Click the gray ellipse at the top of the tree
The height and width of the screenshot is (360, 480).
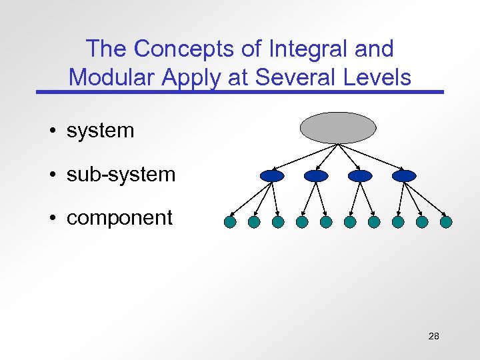point(338,128)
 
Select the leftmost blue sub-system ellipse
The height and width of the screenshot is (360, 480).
point(272,176)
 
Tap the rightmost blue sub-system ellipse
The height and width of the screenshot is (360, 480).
point(404,176)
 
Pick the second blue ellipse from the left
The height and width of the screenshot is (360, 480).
point(316,176)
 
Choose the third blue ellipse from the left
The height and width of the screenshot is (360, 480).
point(360,176)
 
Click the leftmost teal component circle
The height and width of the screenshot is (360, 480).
point(230,221)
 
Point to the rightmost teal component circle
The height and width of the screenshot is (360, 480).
point(446,221)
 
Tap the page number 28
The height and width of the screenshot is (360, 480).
point(433,336)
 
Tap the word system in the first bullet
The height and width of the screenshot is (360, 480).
point(100,131)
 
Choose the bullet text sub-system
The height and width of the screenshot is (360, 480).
point(121,175)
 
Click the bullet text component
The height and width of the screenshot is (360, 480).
point(119,218)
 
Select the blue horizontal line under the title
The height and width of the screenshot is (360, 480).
point(240,91)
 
